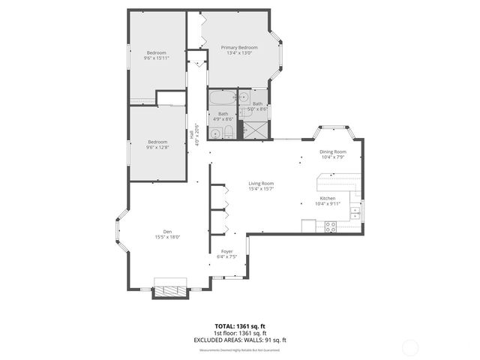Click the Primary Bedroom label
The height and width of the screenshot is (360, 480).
pos(239,47)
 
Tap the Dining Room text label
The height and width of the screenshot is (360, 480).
pos(333,151)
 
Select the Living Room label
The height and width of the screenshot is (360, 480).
pos(262,183)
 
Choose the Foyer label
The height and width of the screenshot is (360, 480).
pos(226,251)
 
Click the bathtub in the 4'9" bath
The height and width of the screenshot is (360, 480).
pos(223,98)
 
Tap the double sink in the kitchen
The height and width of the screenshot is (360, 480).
pos(355,214)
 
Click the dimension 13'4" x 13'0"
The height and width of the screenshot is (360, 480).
pos(239,53)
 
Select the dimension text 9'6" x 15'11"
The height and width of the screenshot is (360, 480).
pos(157,58)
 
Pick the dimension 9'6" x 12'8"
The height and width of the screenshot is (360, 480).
pos(157,147)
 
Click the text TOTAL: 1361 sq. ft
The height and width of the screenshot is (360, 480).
pos(239,327)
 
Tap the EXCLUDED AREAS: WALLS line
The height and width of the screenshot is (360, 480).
pos(239,340)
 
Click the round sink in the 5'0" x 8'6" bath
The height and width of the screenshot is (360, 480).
pos(244,97)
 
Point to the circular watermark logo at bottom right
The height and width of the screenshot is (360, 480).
pos(411,346)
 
